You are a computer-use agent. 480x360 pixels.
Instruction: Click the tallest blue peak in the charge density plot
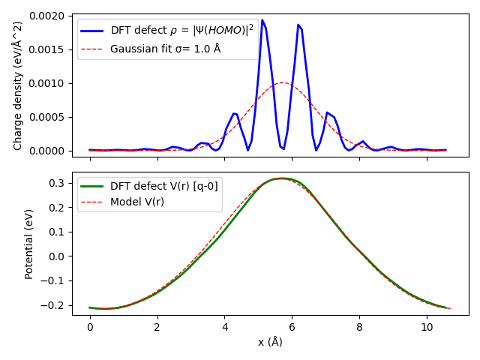262,20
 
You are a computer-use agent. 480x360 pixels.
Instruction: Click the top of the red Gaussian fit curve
282,82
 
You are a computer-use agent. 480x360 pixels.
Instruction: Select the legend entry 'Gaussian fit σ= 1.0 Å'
165,49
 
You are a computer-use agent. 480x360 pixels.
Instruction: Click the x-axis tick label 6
292,327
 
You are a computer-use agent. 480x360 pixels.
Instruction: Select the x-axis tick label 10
427,327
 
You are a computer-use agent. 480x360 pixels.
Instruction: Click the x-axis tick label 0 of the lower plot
90,327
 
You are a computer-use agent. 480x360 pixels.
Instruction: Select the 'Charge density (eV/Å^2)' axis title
18,84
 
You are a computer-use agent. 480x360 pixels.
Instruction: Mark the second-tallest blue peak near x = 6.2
298,25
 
